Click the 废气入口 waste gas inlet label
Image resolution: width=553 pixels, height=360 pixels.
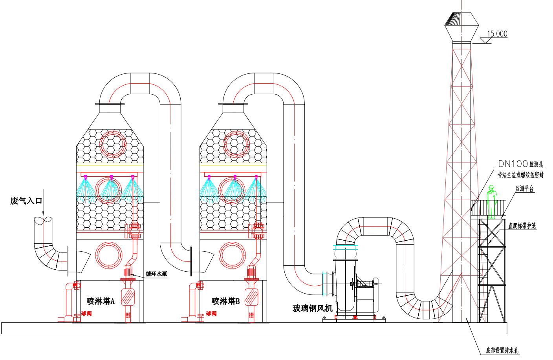[x=26, y=201]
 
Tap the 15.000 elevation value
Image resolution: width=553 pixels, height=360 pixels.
[x=497, y=33]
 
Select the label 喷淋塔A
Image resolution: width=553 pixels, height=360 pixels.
[x=101, y=301]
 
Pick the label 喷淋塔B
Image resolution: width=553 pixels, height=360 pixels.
[x=225, y=301]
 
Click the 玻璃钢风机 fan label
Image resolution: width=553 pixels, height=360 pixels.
[x=313, y=308]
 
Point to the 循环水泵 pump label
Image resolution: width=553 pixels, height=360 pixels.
[x=156, y=274]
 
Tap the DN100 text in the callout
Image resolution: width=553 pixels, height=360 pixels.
[x=513, y=164]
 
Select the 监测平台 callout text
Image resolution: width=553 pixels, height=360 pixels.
[x=524, y=189]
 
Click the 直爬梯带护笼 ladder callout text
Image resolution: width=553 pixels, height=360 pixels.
[x=522, y=226]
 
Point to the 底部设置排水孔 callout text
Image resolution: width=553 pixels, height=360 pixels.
[x=502, y=350]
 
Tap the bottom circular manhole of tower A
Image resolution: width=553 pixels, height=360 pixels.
[x=109, y=255]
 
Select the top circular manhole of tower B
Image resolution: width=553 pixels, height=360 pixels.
[x=236, y=144]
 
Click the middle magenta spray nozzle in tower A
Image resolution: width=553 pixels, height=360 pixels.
[x=111, y=177]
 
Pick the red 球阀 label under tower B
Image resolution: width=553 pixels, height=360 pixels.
[x=211, y=313]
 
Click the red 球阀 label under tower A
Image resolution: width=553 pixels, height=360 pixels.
[x=86, y=313]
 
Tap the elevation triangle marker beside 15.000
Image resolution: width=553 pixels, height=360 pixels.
[x=485, y=40]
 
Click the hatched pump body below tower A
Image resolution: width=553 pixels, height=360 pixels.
[x=128, y=297]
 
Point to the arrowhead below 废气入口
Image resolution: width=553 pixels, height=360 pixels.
[x=43, y=214]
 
